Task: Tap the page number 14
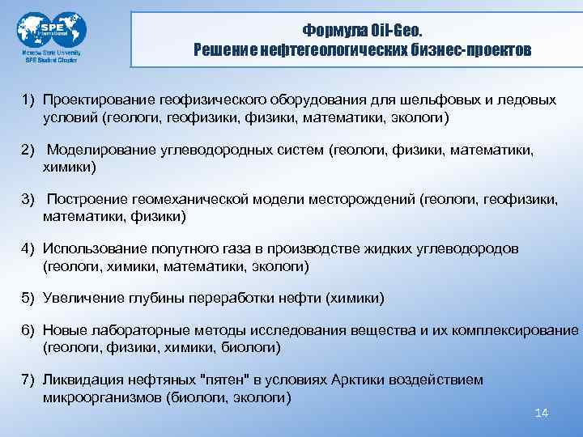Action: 543,413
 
